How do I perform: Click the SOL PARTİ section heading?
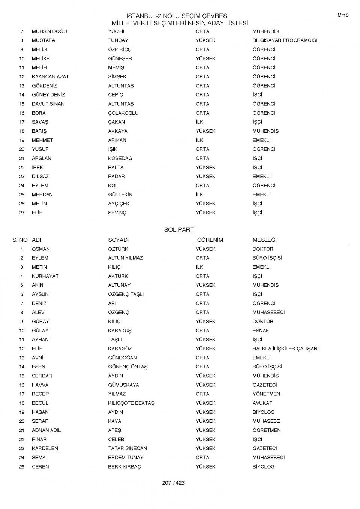(x=180, y=230)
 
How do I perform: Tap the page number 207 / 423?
(x=173, y=483)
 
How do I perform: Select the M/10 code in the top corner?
(x=343, y=15)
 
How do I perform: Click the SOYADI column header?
(x=118, y=240)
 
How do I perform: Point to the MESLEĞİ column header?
(x=264, y=240)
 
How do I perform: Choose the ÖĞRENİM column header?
(x=210, y=240)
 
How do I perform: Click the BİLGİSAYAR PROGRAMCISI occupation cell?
(x=285, y=40)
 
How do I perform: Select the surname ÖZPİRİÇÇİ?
(x=120, y=49)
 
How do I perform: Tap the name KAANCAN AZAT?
(x=50, y=77)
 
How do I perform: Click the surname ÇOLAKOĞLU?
(x=123, y=113)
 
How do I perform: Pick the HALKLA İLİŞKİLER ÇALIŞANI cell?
(x=285, y=349)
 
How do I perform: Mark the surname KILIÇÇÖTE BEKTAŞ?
(x=131, y=403)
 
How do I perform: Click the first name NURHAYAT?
(x=45, y=276)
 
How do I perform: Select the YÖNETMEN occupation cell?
(x=266, y=394)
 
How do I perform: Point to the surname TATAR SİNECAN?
(x=127, y=449)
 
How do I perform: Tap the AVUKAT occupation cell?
(x=262, y=403)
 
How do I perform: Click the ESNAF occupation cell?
(x=261, y=331)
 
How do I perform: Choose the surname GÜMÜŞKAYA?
(x=123, y=385)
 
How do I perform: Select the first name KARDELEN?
(x=45, y=449)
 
